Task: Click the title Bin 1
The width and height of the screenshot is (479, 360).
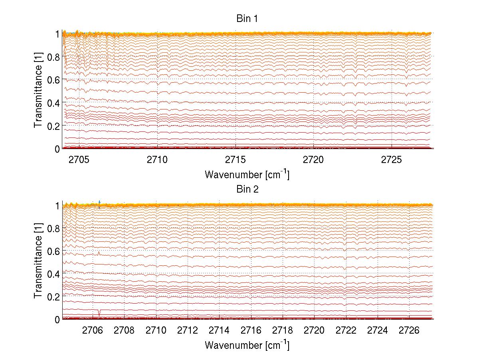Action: [247, 18]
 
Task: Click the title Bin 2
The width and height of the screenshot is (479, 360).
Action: [247, 189]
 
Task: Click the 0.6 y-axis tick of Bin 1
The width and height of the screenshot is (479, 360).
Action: [53, 80]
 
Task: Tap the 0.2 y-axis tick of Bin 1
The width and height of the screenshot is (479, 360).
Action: [53, 126]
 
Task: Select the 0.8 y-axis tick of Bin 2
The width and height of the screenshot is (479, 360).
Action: [53, 228]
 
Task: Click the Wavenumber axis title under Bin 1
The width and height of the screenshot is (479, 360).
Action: [247, 174]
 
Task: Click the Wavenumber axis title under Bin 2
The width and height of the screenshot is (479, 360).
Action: [247, 345]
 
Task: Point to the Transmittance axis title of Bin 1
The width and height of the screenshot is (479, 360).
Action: [38, 91]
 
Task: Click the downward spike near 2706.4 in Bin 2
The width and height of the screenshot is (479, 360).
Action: [99, 312]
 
